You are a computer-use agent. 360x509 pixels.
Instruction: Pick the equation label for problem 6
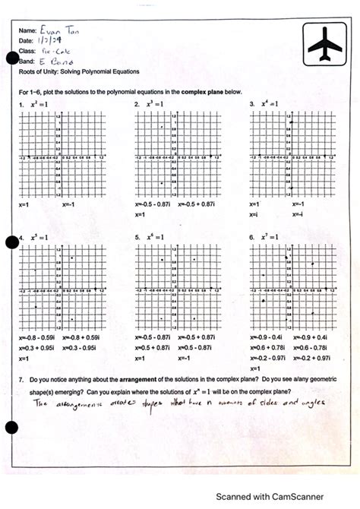(267, 237)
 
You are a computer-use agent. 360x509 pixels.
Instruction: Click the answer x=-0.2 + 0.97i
(311, 357)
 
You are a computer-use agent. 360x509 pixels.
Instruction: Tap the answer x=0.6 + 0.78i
(266, 347)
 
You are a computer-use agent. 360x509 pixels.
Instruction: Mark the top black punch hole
(11, 59)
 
